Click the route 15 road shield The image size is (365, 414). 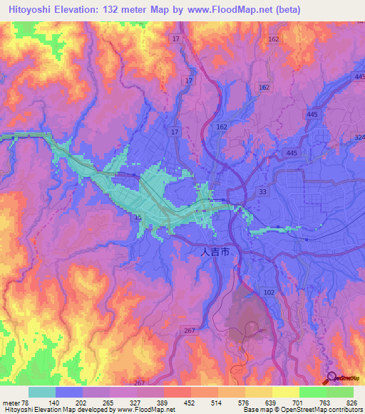click(x=138, y=217)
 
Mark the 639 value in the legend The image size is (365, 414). click(x=257, y=402)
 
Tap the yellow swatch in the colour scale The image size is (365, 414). click(x=285, y=392)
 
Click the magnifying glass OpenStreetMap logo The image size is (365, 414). click(x=333, y=378)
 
